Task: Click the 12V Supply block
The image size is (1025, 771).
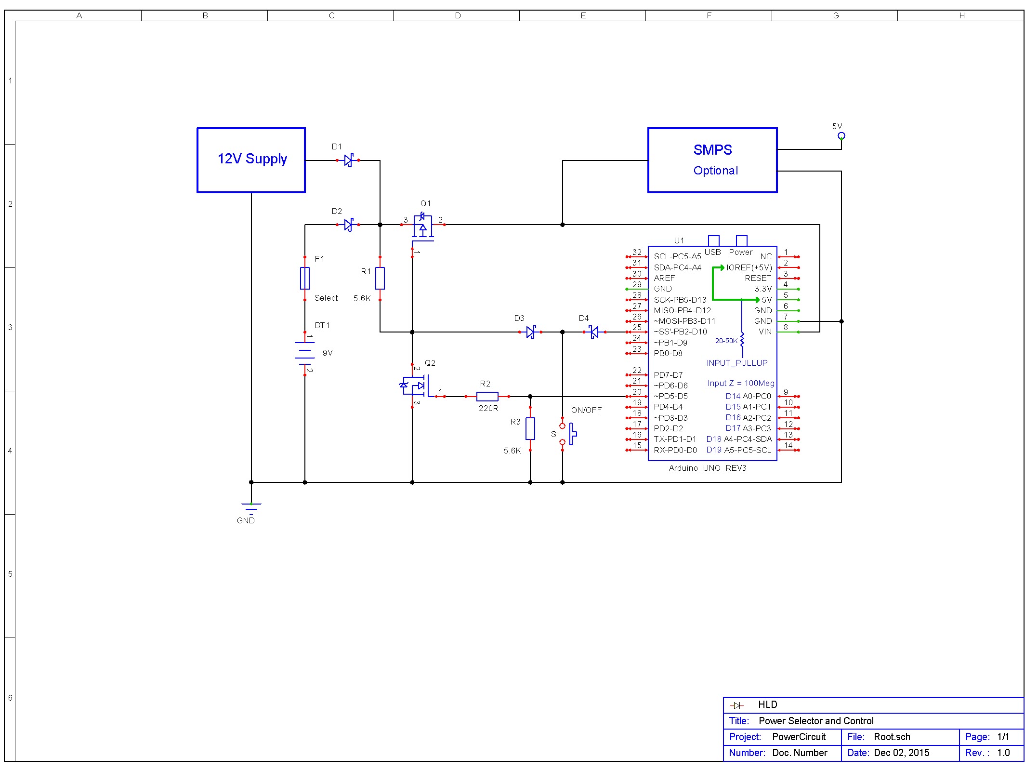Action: [x=251, y=160]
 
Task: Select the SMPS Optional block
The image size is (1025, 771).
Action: [x=712, y=160]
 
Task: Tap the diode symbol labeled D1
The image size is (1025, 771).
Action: [x=348, y=160]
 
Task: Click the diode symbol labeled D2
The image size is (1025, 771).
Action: [x=348, y=225]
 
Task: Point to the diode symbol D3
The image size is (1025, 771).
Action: [x=530, y=332]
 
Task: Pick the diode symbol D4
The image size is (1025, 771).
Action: [x=594, y=332]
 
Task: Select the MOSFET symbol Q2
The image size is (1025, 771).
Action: [x=414, y=385]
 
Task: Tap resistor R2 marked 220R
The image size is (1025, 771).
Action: [x=487, y=397]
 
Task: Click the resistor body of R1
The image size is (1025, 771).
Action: [x=380, y=278]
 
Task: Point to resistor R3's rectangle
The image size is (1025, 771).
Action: [x=530, y=428]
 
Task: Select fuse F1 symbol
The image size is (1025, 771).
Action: [x=305, y=278]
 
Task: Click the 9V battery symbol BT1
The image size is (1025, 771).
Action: [x=305, y=353]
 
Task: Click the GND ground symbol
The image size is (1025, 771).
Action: [x=251, y=507]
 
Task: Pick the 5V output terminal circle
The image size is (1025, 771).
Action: [x=841, y=135]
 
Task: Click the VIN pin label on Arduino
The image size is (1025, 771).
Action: [x=765, y=332]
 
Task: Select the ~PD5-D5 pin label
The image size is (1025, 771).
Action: [x=670, y=397]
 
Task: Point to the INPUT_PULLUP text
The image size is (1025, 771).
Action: [x=737, y=363]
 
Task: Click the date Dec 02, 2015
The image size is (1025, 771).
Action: [x=901, y=753]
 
